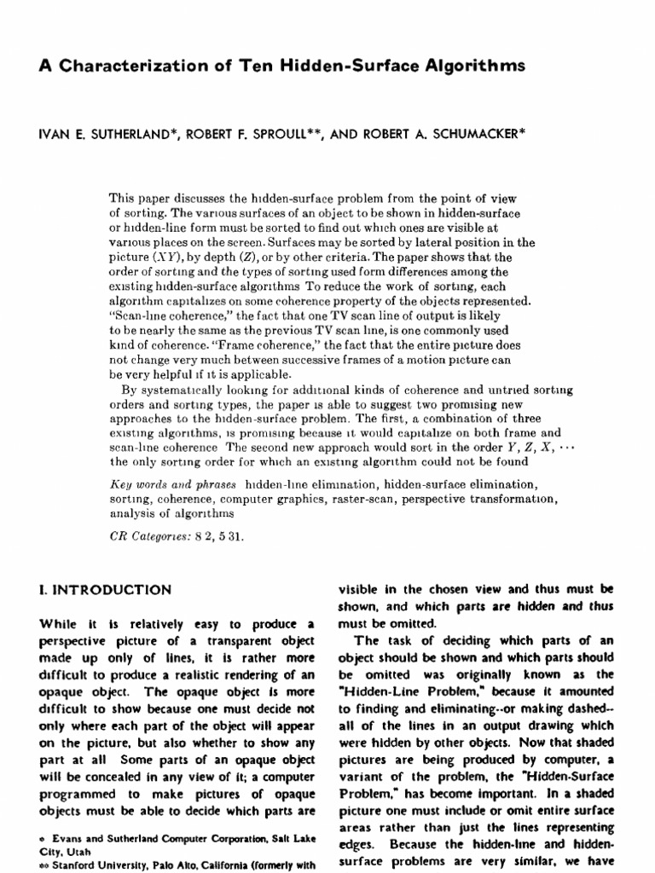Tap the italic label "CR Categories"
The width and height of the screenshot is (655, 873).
point(154,538)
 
